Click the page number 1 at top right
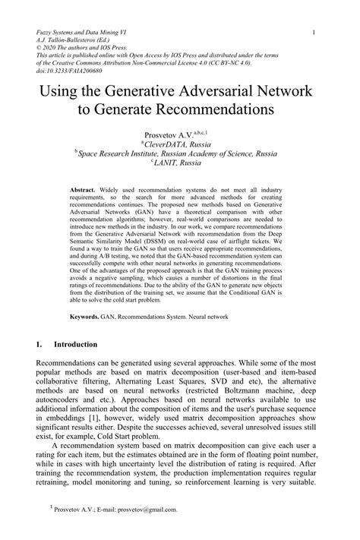click(x=324, y=33)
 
